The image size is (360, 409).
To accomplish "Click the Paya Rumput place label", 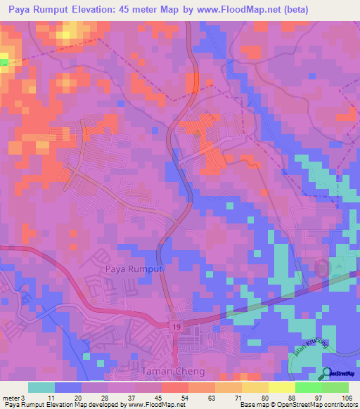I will (134, 269).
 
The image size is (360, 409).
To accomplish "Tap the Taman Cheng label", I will (165, 371).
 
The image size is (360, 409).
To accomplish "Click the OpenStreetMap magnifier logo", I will (327, 373).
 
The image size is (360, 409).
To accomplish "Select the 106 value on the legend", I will (347, 397).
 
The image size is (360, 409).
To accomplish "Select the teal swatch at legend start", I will (41, 387).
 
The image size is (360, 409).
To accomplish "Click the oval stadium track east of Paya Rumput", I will (323, 268).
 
